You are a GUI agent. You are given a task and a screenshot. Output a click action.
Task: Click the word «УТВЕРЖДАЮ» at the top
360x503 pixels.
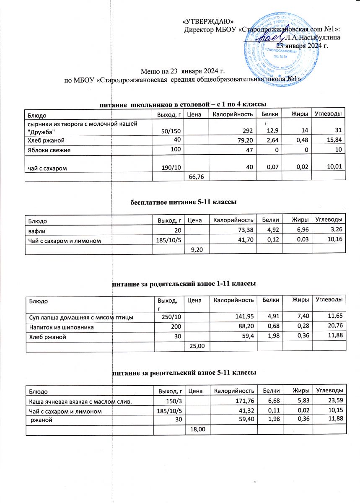pyautogui.click(x=208, y=21)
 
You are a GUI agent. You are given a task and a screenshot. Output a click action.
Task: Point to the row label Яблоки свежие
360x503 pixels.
pyautogui.click(x=49, y=150)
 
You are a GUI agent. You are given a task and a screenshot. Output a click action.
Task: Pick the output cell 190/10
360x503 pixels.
pyautogui.click(x=171, y=168)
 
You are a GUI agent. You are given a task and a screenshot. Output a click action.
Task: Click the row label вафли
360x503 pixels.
pyautogui.click(x=37, y=230)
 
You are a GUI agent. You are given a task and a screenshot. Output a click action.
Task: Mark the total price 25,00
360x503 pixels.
pyautogui.click(x=197, y=346)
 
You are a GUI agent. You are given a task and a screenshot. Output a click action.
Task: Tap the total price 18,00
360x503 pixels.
pyautogui.click(x=197, y=430)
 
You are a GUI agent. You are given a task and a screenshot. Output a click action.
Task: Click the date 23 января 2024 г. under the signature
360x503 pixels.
pyautogui.click(x=301, y=45)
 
